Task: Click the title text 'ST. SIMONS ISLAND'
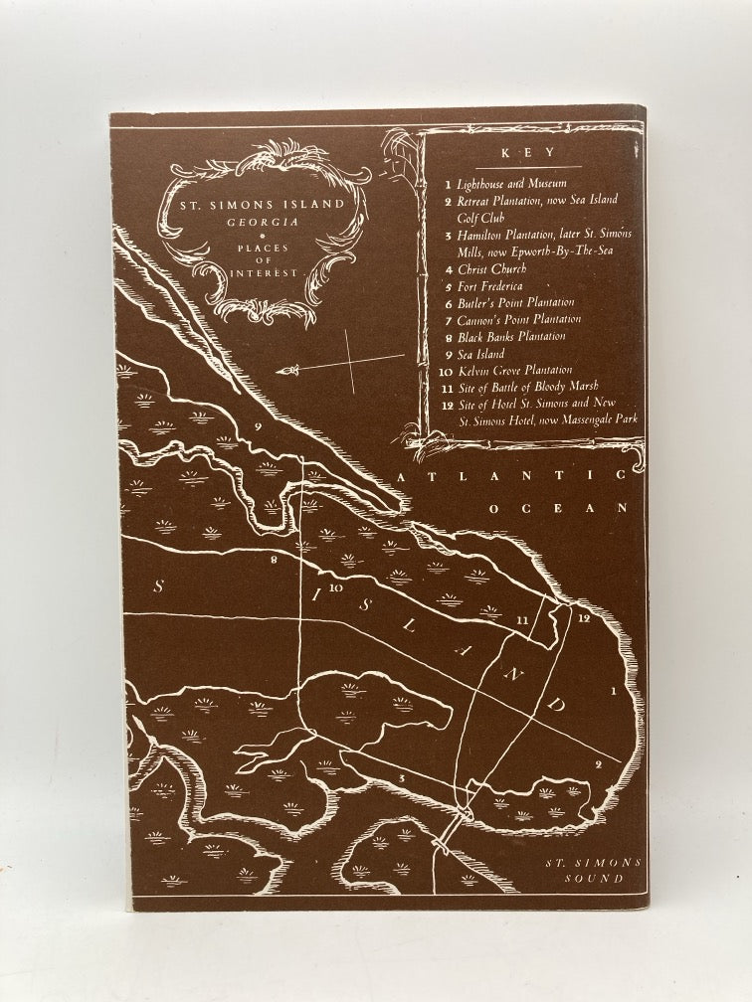tap(256, 204)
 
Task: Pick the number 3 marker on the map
tap(400, 776)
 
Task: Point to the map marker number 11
tap(522, 619)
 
